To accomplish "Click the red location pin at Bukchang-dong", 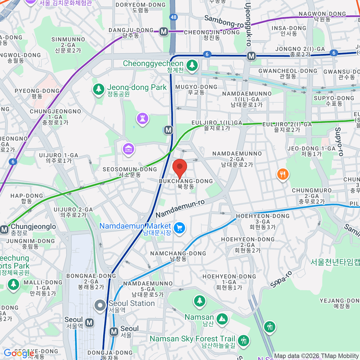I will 180,167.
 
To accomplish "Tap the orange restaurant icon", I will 283,174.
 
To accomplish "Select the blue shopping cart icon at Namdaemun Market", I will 179,228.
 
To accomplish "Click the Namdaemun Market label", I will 135,226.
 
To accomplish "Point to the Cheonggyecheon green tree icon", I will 192,65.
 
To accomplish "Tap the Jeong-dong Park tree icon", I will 98,89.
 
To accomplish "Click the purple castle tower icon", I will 142,118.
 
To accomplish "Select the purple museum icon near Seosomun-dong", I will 128,148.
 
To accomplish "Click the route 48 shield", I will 173,17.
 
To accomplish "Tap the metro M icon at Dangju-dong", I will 163,31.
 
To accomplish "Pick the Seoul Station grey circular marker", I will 100,305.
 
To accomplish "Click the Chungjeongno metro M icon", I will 4,229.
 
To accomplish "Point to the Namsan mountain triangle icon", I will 222,319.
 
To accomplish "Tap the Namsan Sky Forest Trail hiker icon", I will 243,340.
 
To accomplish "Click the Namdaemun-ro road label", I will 180,209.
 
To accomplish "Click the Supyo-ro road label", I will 339,142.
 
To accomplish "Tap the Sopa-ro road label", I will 281,279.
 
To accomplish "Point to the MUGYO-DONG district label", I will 196,87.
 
